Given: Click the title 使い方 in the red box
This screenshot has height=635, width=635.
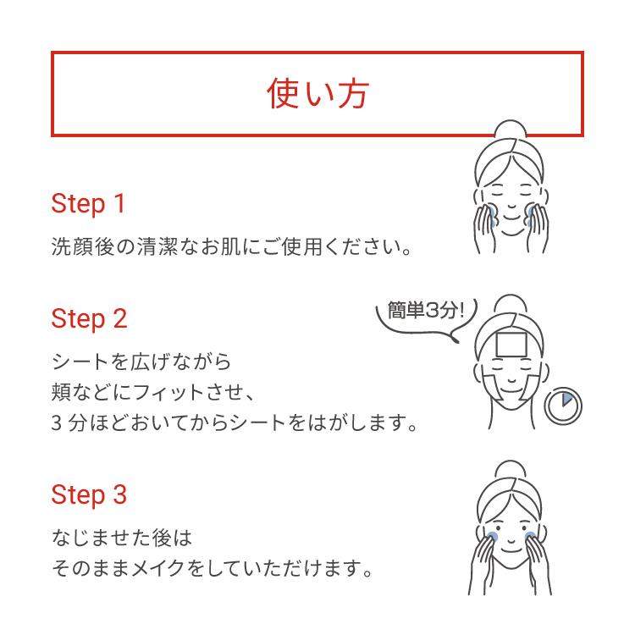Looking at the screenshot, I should click(x=317, y=94).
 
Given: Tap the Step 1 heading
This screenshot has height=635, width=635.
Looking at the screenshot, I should click(x=88, y=204).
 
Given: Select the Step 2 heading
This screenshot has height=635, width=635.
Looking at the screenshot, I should click(x=89, y=319).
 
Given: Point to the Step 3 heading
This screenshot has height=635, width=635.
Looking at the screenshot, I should click(x=89, y=495).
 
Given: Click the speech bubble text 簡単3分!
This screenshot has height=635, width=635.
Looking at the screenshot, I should click(x=426, y=310).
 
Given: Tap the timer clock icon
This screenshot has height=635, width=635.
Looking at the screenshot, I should click(x=563, y=407).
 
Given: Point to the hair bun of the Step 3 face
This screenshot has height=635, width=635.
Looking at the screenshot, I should click(x=511, y=473).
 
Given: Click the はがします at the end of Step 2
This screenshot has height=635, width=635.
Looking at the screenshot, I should click(x=360, y=422).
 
